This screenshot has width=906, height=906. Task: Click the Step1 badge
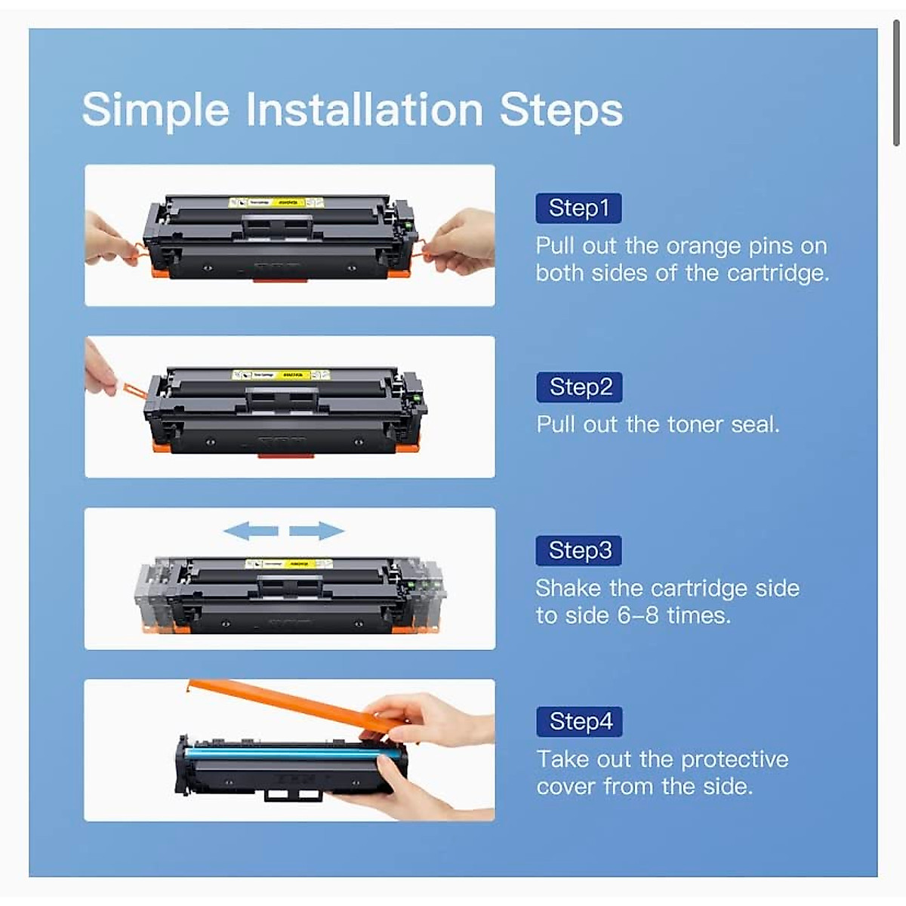click(x=578, y=208)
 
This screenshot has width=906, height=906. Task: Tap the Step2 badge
click(x=579, y=387)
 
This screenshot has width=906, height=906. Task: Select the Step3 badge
click(x=579, y=550)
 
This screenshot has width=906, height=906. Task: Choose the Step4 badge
click(x=579, y=722)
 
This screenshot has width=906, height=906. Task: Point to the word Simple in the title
click(x=156, y=111)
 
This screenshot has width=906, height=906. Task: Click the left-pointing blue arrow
click(x=251, y=532)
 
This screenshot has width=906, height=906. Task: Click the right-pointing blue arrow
click(x=316, y=532)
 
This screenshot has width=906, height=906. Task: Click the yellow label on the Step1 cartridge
click(x=276, y=202)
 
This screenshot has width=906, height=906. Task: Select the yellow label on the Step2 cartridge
click(x=281, y=374)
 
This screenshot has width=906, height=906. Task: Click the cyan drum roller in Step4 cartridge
click(x=287, y=753)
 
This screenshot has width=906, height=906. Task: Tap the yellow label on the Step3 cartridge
click(x=288, y=564)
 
